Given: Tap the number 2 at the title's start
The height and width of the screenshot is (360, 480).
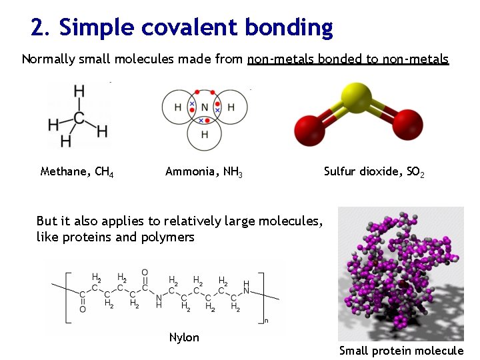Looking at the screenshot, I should click(38, 27).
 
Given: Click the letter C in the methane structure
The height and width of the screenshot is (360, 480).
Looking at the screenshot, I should click(79, 118).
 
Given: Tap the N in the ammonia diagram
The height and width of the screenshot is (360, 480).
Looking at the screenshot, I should click(205, 107).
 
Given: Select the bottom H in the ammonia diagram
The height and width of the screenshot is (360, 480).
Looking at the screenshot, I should click(205, 135).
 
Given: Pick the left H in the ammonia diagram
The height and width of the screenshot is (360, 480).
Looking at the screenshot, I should click(177, 107).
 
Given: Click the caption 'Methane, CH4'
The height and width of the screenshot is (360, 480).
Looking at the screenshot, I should click(77, 172).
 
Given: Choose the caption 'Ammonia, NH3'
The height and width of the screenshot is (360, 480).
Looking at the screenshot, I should click(203, 172).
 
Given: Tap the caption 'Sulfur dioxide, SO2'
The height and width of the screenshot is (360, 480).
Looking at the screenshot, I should click(374, 172).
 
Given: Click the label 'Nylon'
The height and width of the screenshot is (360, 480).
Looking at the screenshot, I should click(184, 337).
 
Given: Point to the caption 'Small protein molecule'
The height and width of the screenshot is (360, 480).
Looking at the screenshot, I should click(401, 351).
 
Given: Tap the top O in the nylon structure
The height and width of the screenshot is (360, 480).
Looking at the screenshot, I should click(145, 273).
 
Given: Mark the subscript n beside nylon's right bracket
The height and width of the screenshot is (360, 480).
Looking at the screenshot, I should click(267, 321).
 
